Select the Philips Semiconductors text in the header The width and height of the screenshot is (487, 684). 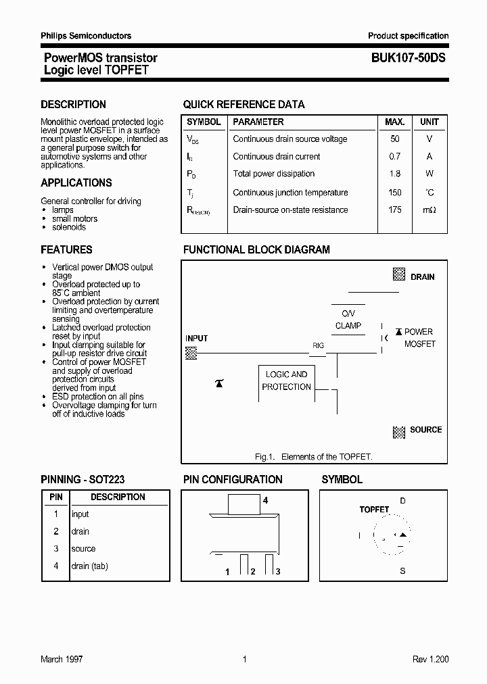[86, 36]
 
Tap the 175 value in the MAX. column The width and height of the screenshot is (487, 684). [395, 210]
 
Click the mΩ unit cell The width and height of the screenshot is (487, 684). [430, 210]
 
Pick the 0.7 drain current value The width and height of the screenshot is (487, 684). [395, 156]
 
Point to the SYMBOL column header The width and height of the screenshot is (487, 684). [204, 122]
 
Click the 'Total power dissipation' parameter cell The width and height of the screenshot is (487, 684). [274, 174]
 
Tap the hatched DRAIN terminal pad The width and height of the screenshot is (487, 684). [399, 275]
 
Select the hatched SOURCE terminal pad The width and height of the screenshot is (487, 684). [399, 431]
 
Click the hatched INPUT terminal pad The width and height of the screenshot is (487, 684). [191, 352]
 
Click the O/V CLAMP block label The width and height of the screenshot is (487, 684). [348, 320]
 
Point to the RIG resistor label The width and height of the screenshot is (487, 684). [318, 345]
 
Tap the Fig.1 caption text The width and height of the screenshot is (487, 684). [313, 457]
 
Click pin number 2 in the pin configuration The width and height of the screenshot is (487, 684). [252, 572]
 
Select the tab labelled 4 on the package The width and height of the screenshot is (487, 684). [244, 504]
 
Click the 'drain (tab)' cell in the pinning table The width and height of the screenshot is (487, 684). [90, 566]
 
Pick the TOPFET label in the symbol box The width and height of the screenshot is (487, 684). [374, 510]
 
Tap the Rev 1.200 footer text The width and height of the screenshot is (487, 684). [430, 659]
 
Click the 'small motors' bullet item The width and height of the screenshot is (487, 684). [75, 219]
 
